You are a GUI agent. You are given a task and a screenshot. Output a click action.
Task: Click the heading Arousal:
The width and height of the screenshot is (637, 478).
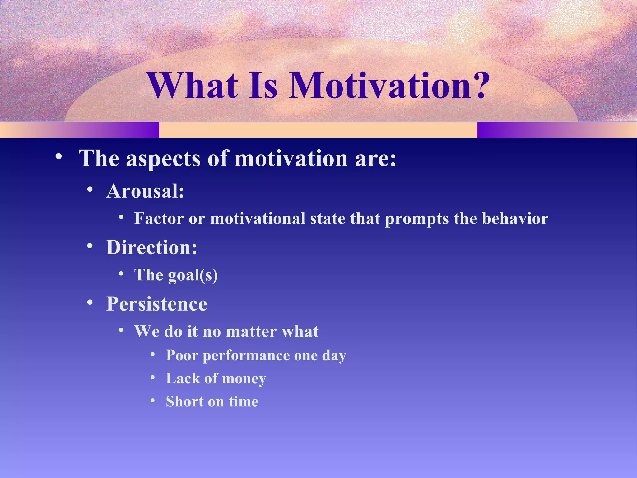coord(145,191)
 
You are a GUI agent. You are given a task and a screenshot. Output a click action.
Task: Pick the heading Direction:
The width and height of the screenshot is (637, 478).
coord(152,247)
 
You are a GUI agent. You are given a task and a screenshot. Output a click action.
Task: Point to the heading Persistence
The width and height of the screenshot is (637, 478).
coord(157,304)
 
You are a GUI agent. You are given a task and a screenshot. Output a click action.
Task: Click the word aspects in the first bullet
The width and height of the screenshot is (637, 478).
coord(163,159)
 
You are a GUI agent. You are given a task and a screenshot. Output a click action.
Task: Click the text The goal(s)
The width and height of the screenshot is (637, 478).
coord(176,275)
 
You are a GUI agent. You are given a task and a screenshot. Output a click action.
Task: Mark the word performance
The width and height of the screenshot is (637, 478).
coord(246,356)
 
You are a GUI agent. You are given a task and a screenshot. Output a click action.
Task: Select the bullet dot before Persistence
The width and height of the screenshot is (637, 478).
coord(90,302)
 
